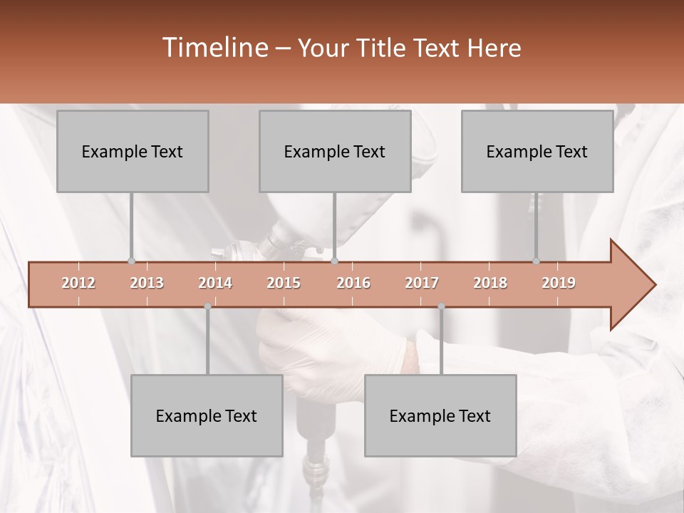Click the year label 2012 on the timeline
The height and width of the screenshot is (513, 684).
click(78, 283)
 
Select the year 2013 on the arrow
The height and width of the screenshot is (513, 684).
click(147, 283)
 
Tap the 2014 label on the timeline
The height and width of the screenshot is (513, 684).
click(215, 283)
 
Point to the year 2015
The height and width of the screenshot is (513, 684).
click(284, 283)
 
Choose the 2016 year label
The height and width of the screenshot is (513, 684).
click(353, 283)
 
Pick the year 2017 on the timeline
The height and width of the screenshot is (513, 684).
click(422, 283)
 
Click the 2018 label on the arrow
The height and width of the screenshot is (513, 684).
click(490, 283)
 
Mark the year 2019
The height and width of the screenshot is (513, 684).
click(559, 283)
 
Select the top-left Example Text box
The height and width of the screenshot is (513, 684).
click(133, 151)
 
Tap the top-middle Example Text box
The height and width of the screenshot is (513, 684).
click(335, 151)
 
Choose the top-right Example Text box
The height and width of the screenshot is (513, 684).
click(537, 151)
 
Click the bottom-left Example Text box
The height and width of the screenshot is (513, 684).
click(207, 415)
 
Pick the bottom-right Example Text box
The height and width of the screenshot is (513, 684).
click(440, 415)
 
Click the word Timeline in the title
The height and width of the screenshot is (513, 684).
click(214, 48)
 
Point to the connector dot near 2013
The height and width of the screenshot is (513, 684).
click(131, 261)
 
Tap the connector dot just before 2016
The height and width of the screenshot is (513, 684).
click(335, 261)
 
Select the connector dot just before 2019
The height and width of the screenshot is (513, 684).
click(537, 261)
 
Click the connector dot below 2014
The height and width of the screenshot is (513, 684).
click(207, 306)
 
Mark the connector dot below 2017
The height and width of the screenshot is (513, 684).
click(441, 306)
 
